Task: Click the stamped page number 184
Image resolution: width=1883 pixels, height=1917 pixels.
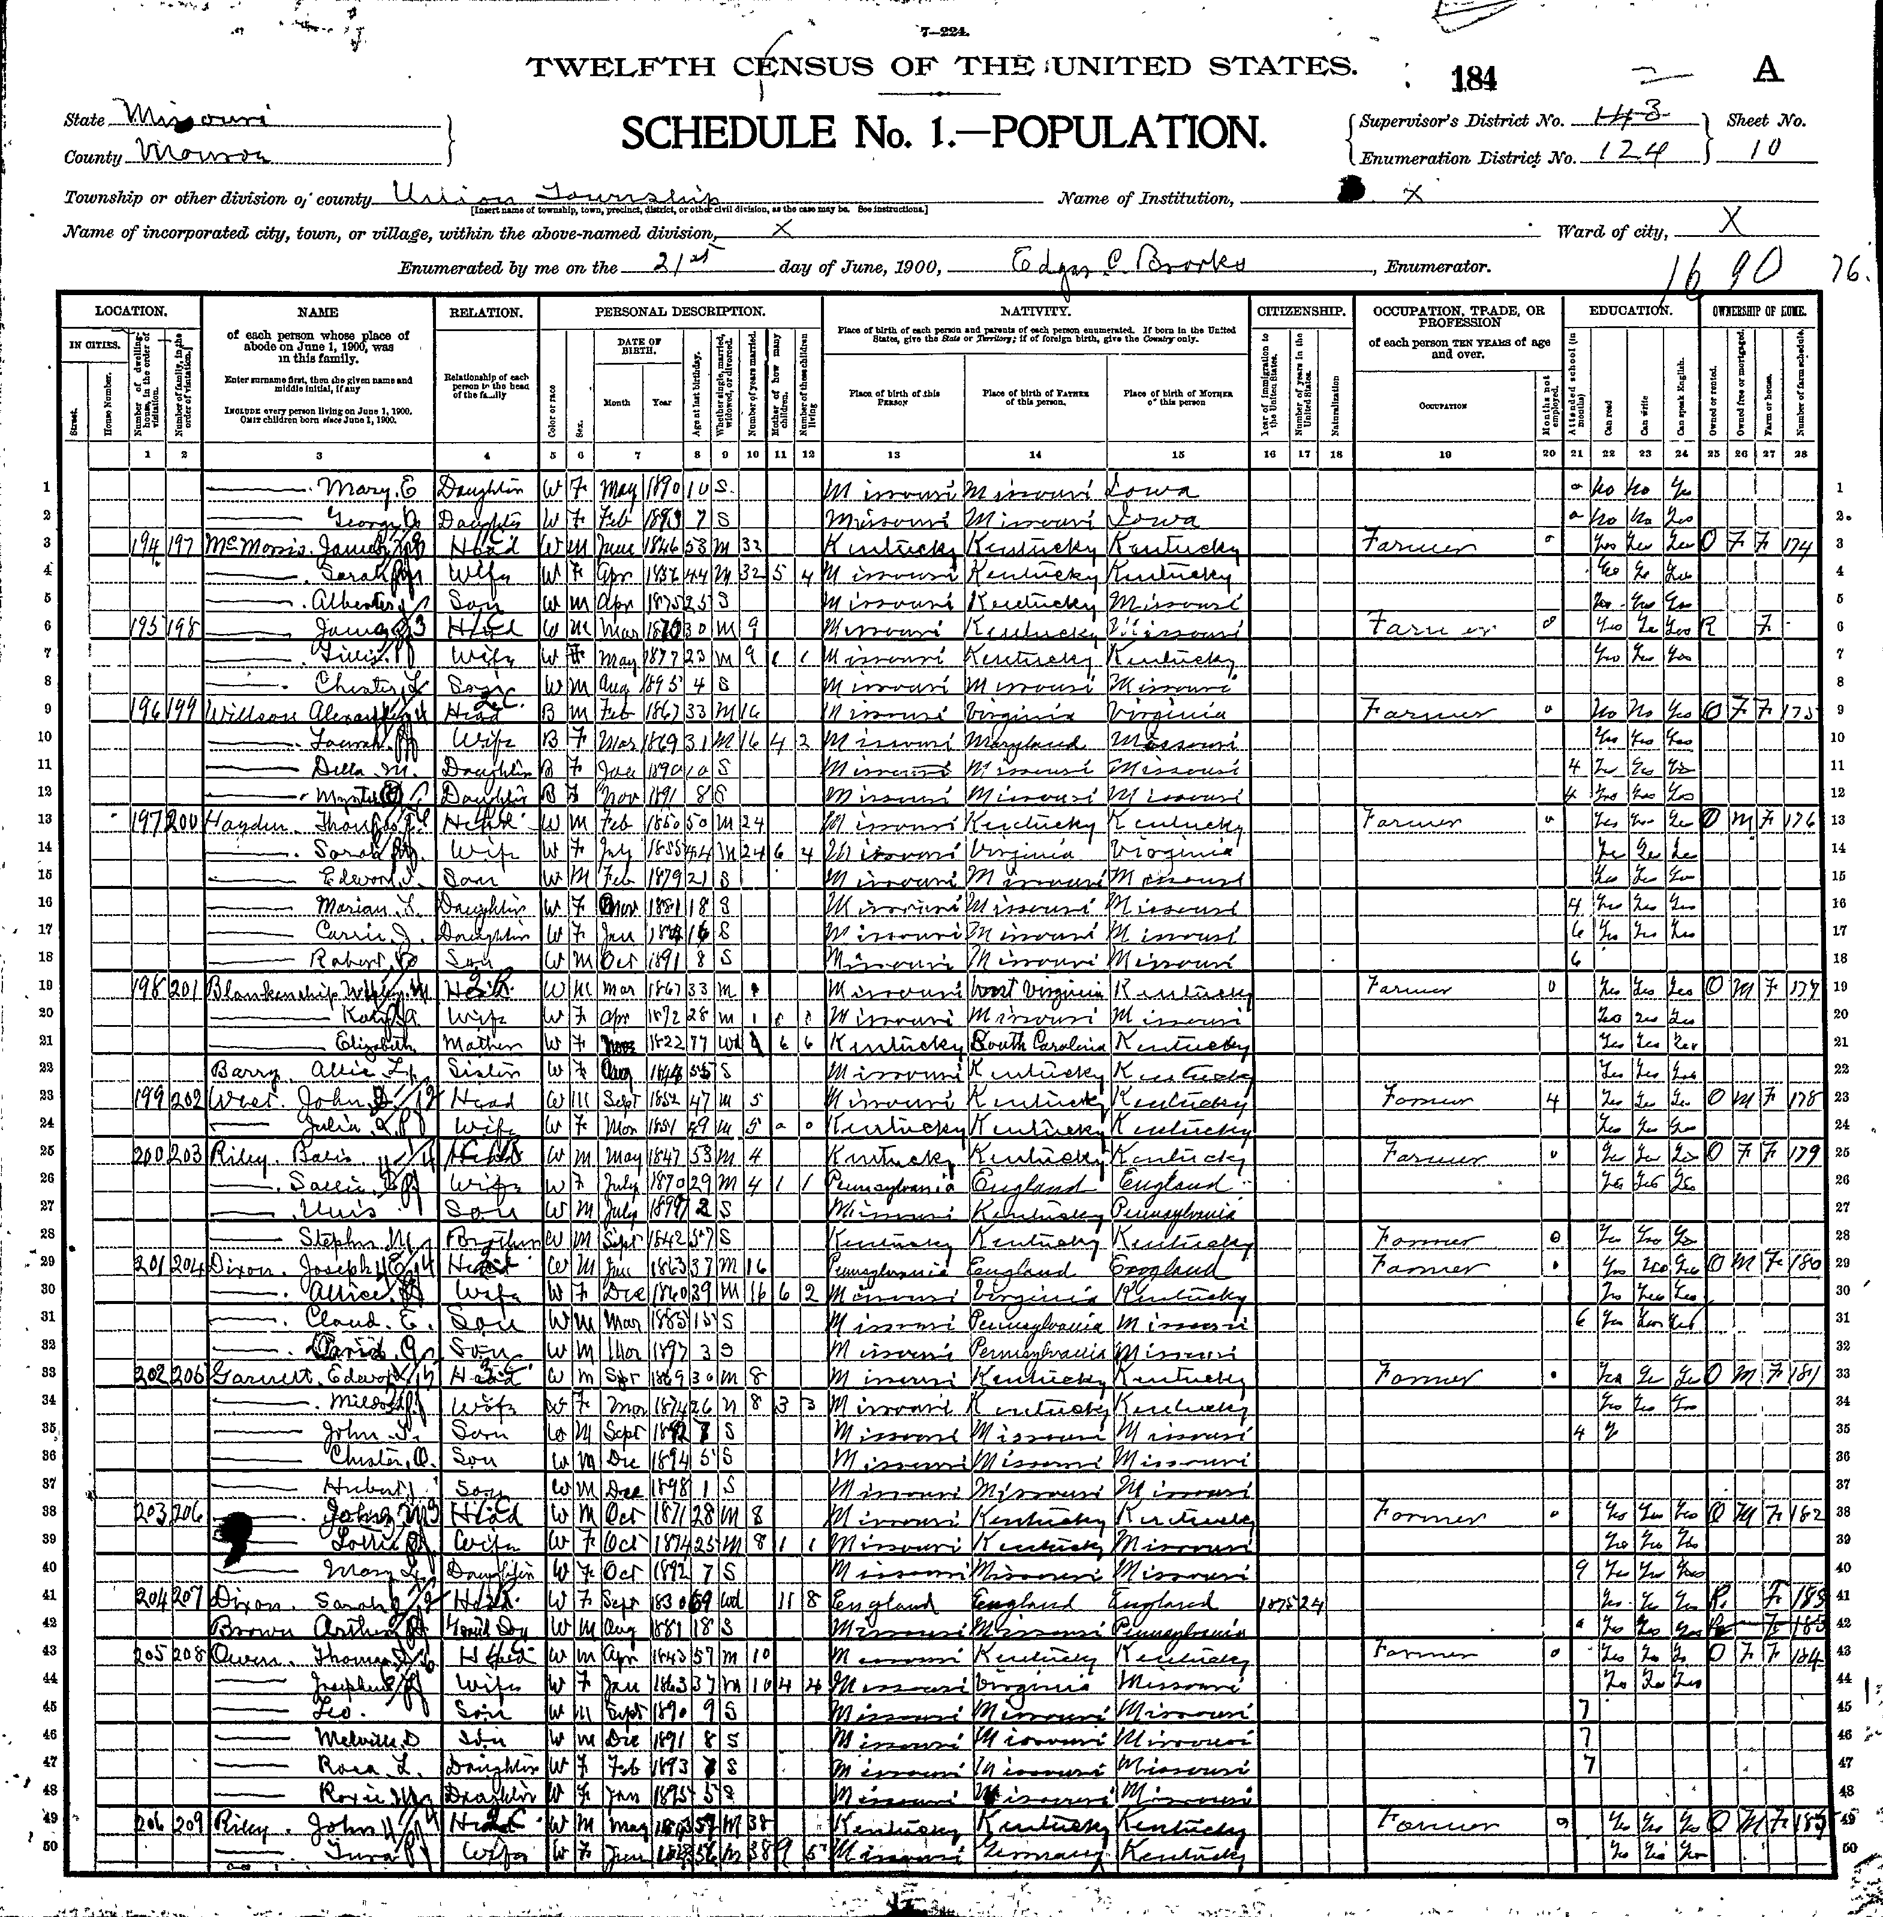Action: [1476, 78]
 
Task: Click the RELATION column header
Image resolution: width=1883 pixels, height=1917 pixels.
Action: [486, 311]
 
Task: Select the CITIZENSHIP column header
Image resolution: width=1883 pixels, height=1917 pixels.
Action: [1301, 311]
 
